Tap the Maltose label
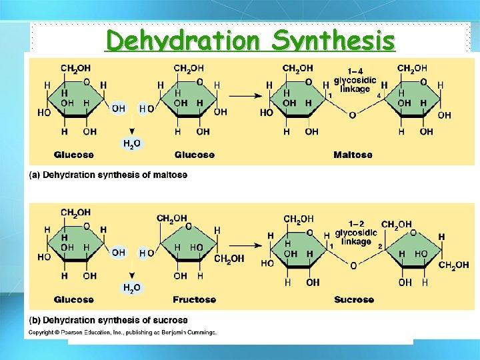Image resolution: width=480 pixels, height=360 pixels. [x=353, y=155]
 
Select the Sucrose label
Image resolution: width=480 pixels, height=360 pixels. [x=353, y=299]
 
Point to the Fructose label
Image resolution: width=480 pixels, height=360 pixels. [x=194, y=299]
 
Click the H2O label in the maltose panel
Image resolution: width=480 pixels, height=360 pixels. [x=132, y=143]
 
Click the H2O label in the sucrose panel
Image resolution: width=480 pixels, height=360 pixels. [x=132, y=288]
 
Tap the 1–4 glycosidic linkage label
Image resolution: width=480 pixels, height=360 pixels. [x=355, y=81]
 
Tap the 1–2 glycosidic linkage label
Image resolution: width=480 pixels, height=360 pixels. [x=355, y=233]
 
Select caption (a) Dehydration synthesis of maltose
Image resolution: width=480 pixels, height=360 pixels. [x=108, y=175]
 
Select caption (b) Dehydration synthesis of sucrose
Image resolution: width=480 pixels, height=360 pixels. [x=108, y=320]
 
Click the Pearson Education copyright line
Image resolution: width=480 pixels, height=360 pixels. [x=122, y=332]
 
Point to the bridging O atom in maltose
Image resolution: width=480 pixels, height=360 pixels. [x=353, y=115]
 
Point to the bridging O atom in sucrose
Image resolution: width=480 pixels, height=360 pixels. [x=353, y=265]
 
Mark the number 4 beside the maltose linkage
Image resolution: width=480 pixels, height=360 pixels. [x=379, y=96]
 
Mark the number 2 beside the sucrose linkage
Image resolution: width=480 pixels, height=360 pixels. [x=379, y=246]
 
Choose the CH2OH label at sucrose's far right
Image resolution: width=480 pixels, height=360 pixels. [x=453, y=265]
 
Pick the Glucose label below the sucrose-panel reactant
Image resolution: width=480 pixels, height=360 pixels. [x=74, y=299]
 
